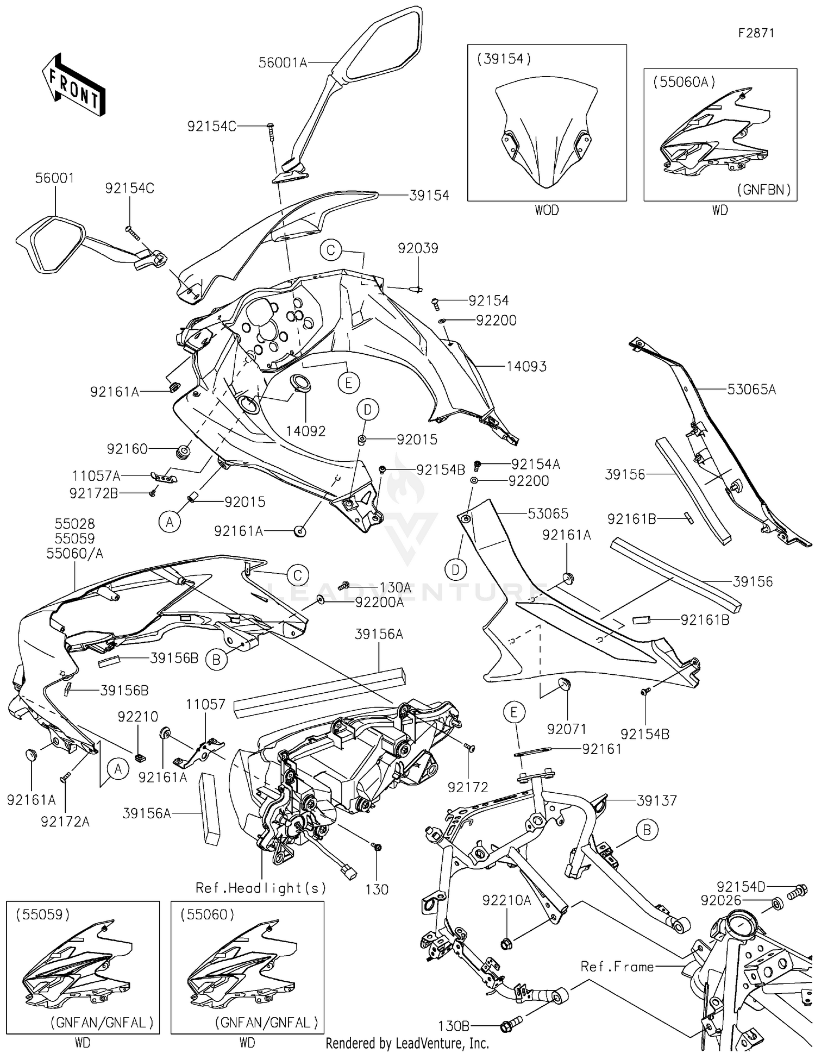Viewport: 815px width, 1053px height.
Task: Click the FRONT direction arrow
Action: tap(74, 85)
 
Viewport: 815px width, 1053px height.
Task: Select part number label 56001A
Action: tap(282, 62)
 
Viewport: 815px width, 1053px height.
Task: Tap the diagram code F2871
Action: tap(756, 33)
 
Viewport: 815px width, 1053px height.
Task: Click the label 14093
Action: tap(526, 367)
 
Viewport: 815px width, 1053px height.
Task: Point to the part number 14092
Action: tap(306, 431)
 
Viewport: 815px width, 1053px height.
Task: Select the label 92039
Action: tap(418, 248)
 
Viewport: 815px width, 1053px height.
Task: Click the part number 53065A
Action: tap(751, 389)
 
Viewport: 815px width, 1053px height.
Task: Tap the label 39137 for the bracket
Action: tap(657, 800)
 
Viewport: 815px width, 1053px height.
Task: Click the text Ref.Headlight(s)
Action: tap(261, 888)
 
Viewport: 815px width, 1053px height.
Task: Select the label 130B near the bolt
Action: tap(454, 1026)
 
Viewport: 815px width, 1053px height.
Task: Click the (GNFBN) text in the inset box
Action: tap(763, 190)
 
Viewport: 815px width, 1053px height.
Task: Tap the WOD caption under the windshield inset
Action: tap(547, 210)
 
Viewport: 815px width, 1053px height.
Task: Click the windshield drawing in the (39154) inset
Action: tap(546, 133)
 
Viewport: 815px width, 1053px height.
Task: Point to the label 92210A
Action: tap(506, 901)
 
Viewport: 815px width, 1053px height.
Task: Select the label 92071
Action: tap(567, 729)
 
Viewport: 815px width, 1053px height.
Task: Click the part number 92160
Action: tap(127, 449)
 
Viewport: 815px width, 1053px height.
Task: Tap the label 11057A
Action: tap(96, 477)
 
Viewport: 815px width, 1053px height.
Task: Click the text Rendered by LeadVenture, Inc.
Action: tap(407, 1043)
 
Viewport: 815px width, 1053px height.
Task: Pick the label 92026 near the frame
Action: tap(721, 901)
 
